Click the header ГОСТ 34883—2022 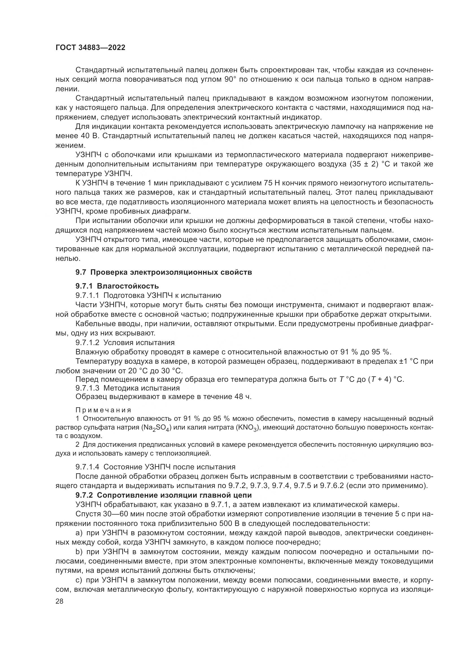coord(91,48)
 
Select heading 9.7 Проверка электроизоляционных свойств coord(164,272)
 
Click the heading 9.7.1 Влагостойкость coord(117,286)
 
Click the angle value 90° coord(230,79)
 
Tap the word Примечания coord(103,410)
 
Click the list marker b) coord(79,552)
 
